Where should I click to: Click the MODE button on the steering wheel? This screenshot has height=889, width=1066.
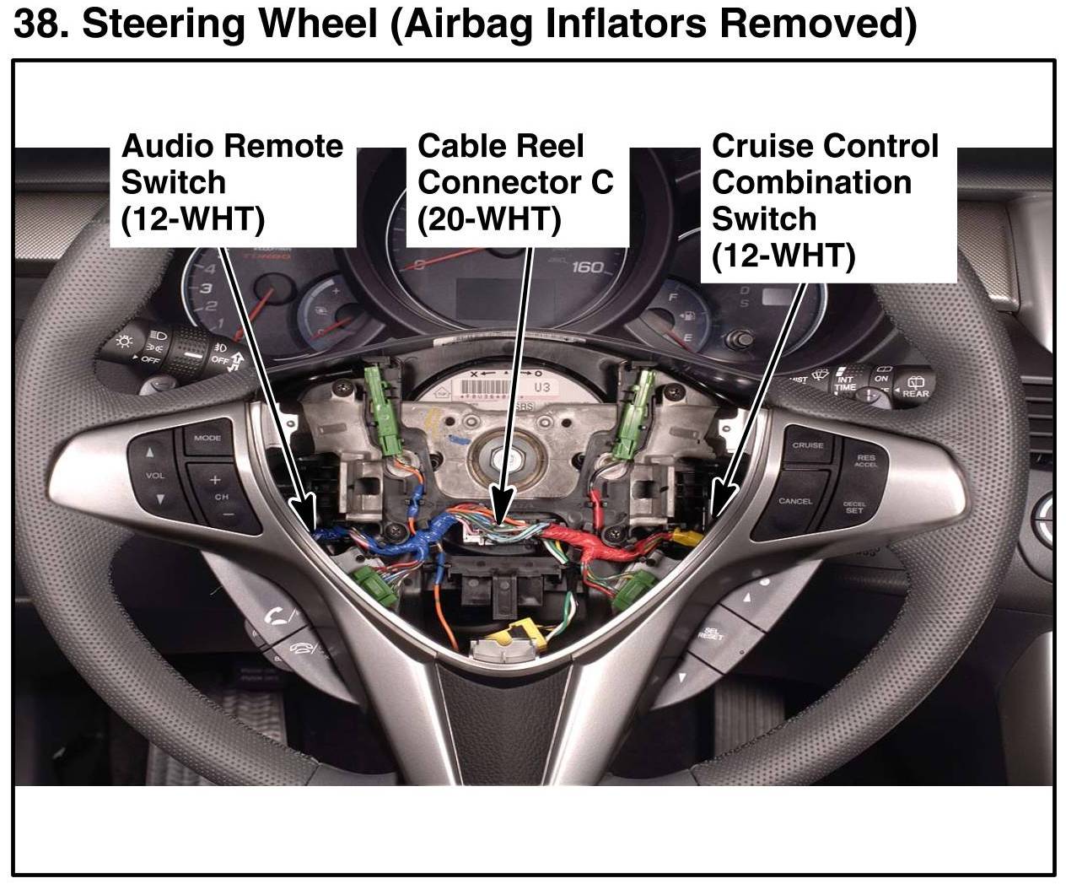pyautogui.click(x=207, y=439)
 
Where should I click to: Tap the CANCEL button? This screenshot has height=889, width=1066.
pyautogui.click(x=794, y=502)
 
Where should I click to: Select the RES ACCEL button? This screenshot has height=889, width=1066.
pyautogui.click(x=865, y=461)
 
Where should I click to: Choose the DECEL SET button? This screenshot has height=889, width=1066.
pyautogui.click(x=853, y=508)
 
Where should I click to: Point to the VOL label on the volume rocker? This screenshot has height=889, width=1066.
pyautogui.click(x=155, y=476)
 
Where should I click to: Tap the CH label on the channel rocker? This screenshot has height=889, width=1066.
pyautogui.click(x=221, y=497)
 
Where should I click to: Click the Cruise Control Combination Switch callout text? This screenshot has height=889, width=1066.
pyautogui.click(x=825, y=201)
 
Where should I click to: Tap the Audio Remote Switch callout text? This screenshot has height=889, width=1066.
pyautogui.click(x=232, y=182)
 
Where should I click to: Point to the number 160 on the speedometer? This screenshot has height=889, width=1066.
pyautogui.click(x=587, y=267)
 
